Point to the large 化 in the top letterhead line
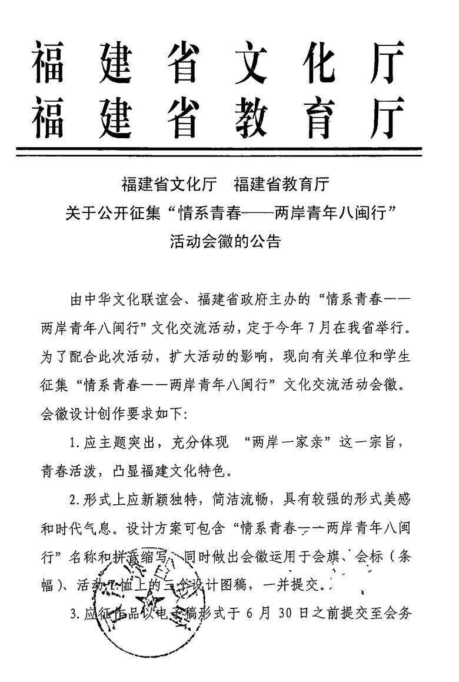[318, 62]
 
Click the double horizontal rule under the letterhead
[219, 151]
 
